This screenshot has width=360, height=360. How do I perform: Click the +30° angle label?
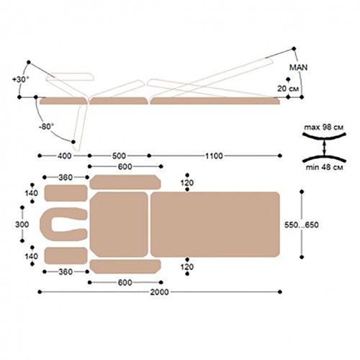point(20,79)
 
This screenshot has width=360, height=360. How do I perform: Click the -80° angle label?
point(46,127)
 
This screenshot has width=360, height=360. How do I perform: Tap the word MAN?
point(298,68)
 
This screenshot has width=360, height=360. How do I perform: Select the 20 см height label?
point(288,89)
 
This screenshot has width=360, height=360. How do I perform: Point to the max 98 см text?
point(324,127)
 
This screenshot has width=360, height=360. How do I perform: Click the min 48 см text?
point(324,167)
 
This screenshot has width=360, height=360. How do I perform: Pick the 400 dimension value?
point(65,156)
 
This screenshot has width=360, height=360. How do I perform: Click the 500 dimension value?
point(119,156)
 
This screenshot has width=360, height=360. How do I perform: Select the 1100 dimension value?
point(214,156)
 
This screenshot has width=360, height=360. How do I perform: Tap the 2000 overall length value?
point(159,292)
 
